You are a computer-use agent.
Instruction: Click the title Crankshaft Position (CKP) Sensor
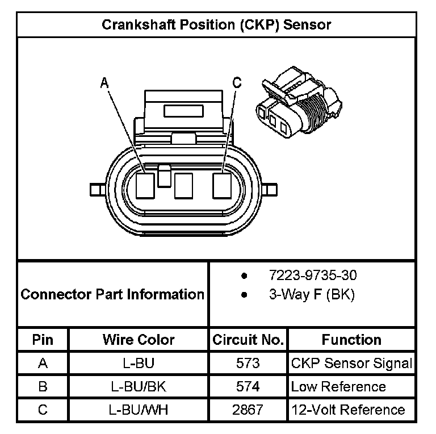(216, 25)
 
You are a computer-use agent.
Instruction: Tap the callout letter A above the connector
(104, 84)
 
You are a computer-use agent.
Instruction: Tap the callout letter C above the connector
(237, 83)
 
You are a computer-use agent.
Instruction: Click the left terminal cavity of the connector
(146, 186)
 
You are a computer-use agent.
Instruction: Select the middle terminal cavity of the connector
(183, 186)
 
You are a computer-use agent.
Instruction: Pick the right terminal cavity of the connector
(221, 185)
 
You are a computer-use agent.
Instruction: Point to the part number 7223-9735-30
(313, 276)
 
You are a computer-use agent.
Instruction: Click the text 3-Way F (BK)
(311, 295)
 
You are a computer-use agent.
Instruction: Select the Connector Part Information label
(112, 294)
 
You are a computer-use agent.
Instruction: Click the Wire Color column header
(139, 340)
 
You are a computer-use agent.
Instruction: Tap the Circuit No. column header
(248, 340)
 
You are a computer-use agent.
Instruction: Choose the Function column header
(351, 340)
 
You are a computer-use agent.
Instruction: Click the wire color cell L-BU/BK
(139, 387)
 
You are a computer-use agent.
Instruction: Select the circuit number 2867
(248, 410)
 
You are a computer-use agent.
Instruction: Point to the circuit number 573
(248, 363)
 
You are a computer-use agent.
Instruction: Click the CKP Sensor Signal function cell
(351, 363)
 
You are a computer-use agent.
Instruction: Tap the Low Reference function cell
(338, 387)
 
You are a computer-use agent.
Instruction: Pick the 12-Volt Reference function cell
(348, 410)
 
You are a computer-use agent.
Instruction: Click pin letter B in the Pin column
(43, 387)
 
